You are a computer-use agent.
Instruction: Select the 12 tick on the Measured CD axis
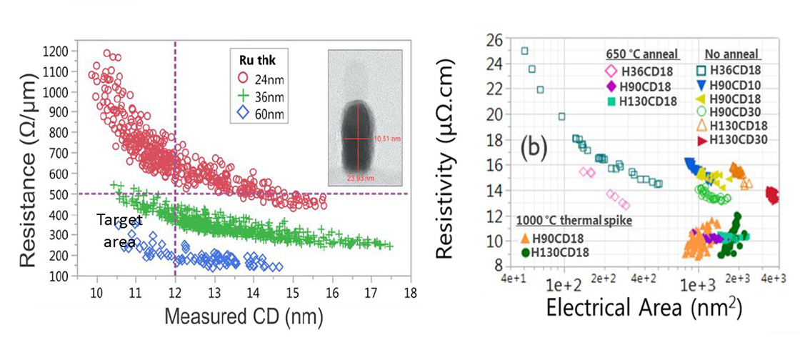[175, 293]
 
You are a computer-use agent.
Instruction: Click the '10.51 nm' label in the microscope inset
[379, 139]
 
